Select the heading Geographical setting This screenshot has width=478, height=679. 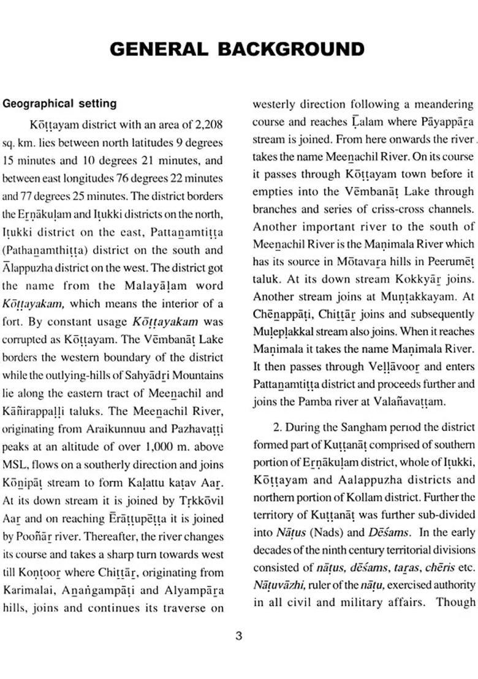59,104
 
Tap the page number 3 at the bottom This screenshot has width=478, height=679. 239,635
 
